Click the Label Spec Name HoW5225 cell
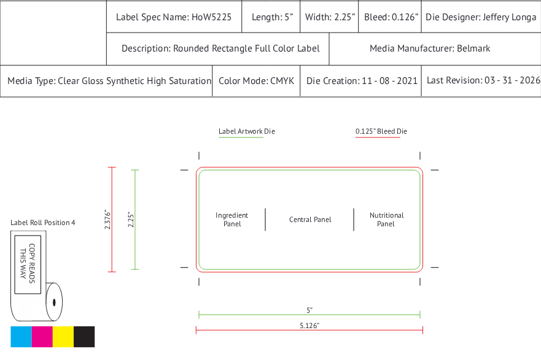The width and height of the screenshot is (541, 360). pyautogui.click(x=174, y=17)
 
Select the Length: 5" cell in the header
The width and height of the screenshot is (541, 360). pyautogui.click(x=271, y=17)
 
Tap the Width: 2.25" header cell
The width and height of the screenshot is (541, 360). pyautogui.click(x=329, y=17)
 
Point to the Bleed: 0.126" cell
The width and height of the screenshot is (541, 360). pyautogui.click(x=390, y=17)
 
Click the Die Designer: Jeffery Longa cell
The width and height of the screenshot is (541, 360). pyautogui.click(x=481, y=17)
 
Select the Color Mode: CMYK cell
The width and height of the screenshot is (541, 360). pyautogui.click(x=256, y=81)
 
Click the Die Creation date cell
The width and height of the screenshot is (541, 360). pyautogui.click(x=360, y=81)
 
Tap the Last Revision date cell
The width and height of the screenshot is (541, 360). pyautogui.click(x=481, y=81)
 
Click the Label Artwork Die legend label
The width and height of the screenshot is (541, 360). pyautogui.click(x=247, y=131)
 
